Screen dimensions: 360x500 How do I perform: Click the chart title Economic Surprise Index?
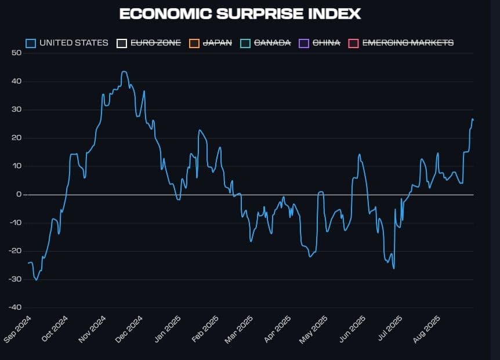(x=240, y=14)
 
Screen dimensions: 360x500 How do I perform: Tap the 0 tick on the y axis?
(x=19, y=195)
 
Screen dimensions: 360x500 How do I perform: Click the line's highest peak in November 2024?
(x=124, y=72)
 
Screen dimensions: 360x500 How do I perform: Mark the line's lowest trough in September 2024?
(x=37, y=280)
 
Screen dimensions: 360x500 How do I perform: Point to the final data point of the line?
(x=473, y=119)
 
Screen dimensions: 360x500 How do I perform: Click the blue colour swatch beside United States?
(x=31, y=43)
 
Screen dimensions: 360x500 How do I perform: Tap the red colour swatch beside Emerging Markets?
(x=353, y=43)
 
